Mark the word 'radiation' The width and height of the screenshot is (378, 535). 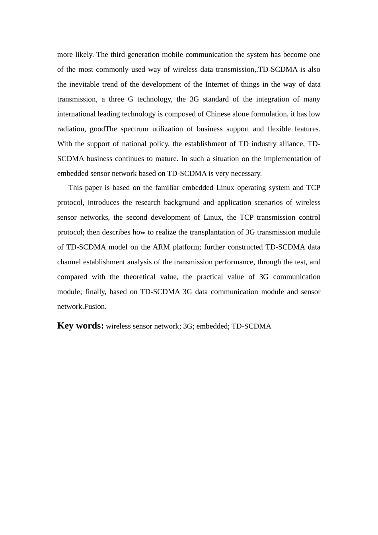coord(71,129)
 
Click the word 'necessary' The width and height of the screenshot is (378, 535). coord(246,174)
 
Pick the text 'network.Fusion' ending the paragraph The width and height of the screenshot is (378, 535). coord(82,307)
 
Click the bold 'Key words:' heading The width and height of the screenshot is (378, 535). coord(80,326)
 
